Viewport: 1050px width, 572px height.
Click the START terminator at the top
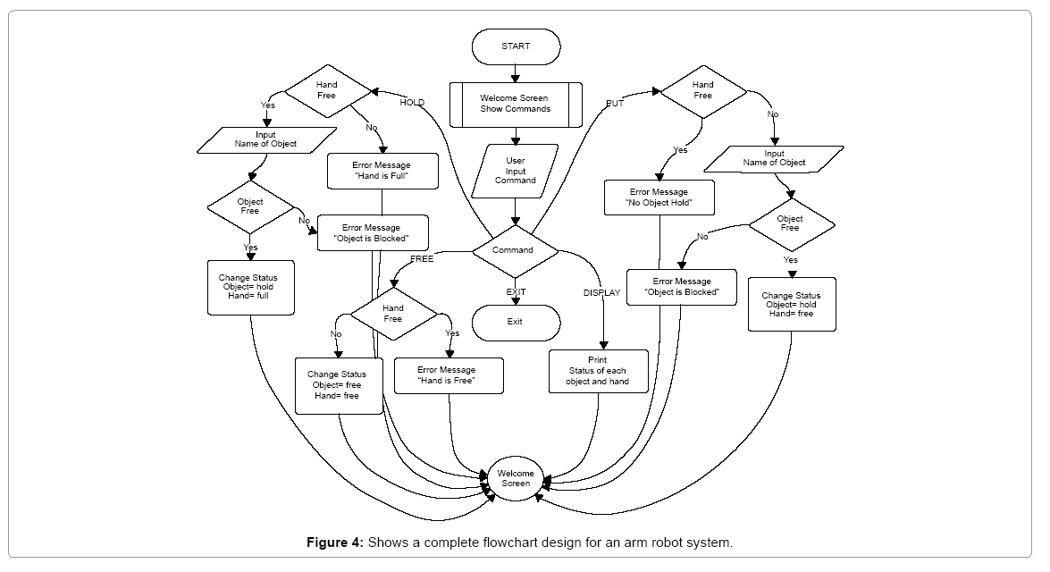515,46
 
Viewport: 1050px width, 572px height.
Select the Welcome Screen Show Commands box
515,103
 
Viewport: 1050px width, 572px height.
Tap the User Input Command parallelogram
516,172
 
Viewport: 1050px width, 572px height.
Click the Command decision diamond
513,250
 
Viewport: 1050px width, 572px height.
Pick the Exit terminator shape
515,322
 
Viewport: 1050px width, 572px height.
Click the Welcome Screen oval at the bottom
516,478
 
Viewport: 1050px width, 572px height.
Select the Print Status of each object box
597,371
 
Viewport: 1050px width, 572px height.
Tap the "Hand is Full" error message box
382,171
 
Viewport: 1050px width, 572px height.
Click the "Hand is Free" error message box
447,375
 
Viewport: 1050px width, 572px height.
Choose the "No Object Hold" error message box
659,198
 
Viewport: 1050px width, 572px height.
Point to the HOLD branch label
412,103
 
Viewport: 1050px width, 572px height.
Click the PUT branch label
615,103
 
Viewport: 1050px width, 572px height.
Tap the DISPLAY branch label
601,293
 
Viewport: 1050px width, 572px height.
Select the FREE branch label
422,259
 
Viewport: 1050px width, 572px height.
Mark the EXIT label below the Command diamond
516,292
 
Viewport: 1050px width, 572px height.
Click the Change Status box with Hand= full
250,287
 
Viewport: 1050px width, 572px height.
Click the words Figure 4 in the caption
335,543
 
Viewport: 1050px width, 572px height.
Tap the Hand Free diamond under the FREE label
393,314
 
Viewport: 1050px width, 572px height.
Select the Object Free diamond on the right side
790,223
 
